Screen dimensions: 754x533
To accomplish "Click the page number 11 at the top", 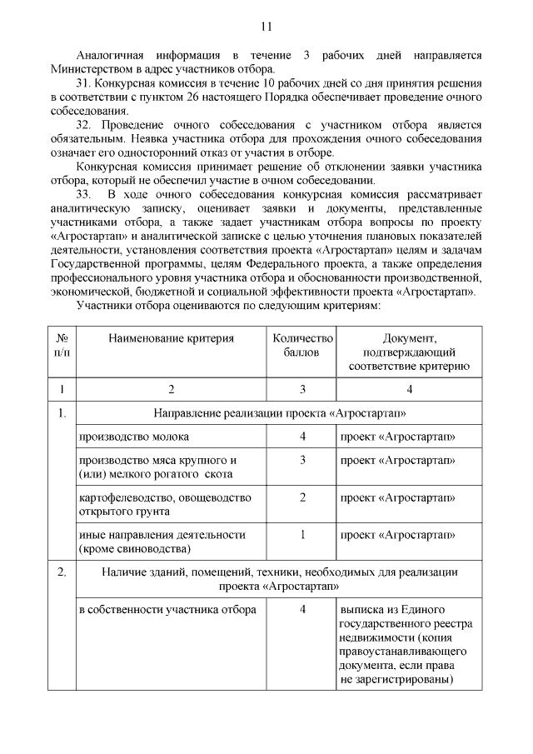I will (266, 27).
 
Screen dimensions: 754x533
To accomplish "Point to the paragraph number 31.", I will (82, 85).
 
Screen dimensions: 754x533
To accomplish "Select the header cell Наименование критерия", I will (171, 338).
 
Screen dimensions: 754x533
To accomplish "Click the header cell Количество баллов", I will (302, 345).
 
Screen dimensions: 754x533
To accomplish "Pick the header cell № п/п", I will (62, 345).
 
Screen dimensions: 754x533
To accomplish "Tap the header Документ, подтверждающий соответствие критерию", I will (409, 352).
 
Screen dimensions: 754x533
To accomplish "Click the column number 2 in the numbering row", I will (171, 389).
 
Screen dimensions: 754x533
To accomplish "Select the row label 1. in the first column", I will (62, 414).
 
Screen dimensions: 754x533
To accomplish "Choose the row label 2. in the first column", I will (62, 572).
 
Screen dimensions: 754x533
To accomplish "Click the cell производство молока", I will (133, 437).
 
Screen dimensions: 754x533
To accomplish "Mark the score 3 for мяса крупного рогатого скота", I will (302, 460).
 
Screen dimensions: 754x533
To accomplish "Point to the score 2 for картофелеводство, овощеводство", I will (302, 497).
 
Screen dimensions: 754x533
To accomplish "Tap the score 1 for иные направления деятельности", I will (302, 534).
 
